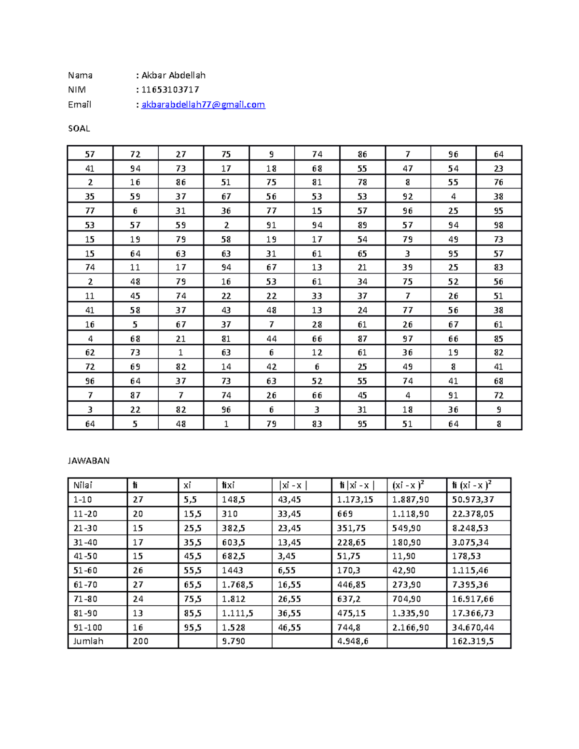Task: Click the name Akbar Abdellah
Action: click(173, 75)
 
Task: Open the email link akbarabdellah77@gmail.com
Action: click(203, 105)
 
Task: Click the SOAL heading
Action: click(79, 128)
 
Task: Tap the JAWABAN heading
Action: click(88, 461)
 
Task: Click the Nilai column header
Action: click(83, 485)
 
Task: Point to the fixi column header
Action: click(228, 485)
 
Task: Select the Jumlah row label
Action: click(88, 641)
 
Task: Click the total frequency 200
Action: click(140, 641)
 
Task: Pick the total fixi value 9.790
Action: click(234, 641)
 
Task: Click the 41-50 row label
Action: click(85, 556)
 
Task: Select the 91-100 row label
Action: click(87, 627)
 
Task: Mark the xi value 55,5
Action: click(193, 570)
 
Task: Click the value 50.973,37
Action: click(473, 500)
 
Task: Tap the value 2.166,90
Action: click(410, 627)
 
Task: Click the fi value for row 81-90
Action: click(138, 613)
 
